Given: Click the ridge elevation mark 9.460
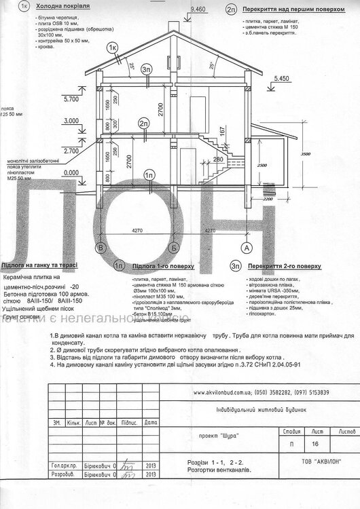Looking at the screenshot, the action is [x=198, y=10].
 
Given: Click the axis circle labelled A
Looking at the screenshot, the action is [x=247, y=248].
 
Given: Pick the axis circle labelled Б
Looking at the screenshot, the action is [x=175, y=248].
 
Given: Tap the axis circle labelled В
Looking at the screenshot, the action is [x=101, y=248].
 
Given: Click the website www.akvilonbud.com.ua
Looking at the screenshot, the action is [x=230, y=393].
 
